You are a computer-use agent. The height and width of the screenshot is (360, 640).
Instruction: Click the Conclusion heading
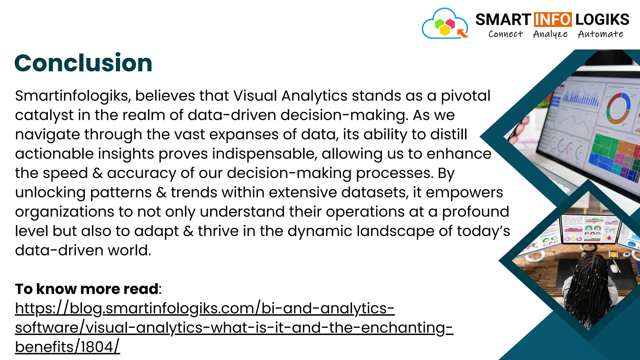[x=83, y=63]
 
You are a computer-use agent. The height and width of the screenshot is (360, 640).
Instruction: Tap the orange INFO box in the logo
[x=552, y=20]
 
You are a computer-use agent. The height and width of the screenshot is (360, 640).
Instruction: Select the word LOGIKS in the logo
[x=602, y=20]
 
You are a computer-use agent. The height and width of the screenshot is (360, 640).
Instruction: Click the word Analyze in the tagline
[x=550, y=34]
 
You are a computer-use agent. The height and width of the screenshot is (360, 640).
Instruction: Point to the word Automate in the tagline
[x=600, y=34]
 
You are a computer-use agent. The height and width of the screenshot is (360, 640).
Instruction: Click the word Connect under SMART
[x=505, y=34]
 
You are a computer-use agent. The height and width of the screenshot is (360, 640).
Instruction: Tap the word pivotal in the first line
[x=465, y=96]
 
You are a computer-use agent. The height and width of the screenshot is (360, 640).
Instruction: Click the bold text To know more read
[x=87, y=289]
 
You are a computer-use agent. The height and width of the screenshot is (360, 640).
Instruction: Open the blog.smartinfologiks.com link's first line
[x=205, y=308]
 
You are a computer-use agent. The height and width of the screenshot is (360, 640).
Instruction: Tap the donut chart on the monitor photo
[x=618, y=108]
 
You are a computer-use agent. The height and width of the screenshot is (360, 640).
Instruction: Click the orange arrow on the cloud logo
[x=462, y=33]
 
